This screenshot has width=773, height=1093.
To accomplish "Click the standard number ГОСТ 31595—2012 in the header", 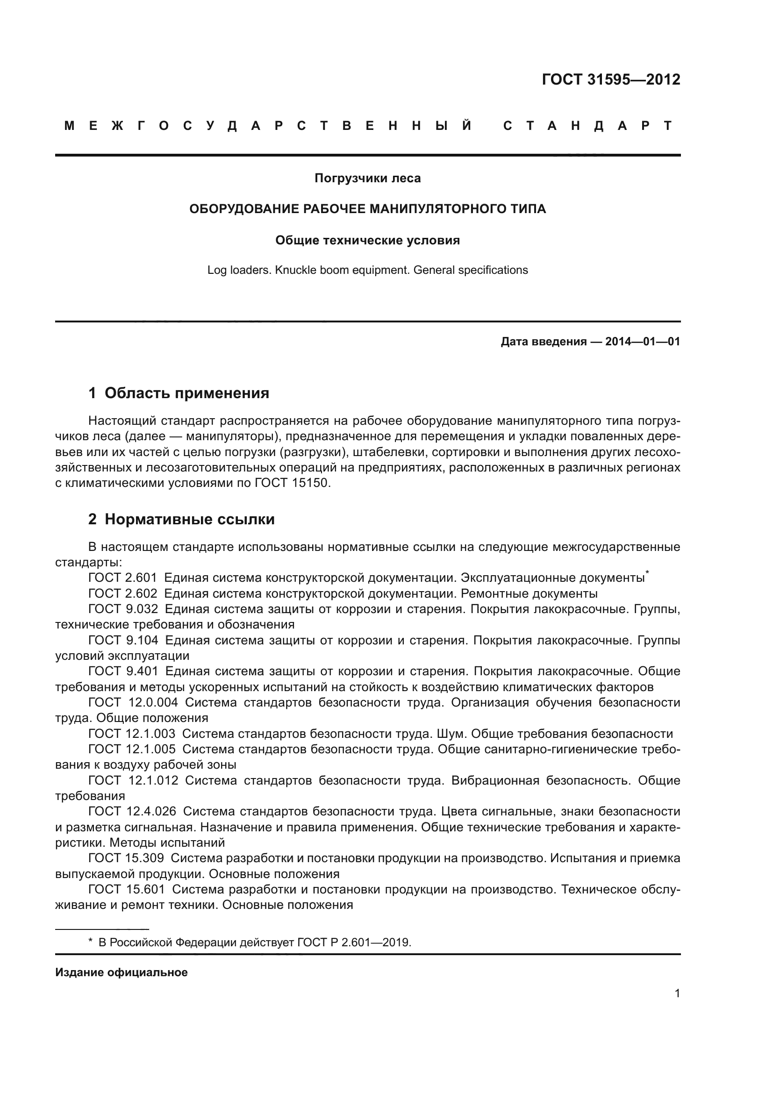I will point(611,79).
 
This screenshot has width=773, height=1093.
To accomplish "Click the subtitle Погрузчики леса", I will point(367,179).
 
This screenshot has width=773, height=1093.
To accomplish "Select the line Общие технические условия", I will point(367,240).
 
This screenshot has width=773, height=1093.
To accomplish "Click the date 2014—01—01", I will point(643,342).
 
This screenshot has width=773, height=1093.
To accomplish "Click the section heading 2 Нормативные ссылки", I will point(181,519).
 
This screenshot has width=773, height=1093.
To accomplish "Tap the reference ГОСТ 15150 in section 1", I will point(292,483).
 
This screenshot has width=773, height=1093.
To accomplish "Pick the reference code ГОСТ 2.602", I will point(123,593).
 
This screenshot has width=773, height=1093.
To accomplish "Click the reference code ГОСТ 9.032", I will point(123,609).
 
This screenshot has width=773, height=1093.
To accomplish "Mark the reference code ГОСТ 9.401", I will point(123,671).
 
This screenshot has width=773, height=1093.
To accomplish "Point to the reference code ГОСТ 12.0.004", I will point(133,703).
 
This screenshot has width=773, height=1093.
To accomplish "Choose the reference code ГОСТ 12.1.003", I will point(132,734).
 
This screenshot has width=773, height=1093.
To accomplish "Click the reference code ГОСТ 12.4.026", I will point(132,811).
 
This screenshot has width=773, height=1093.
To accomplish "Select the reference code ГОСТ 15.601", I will point(127,889).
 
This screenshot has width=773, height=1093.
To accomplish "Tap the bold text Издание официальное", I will point(122,972).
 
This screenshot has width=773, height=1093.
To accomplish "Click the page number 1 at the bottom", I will point(677,993).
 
